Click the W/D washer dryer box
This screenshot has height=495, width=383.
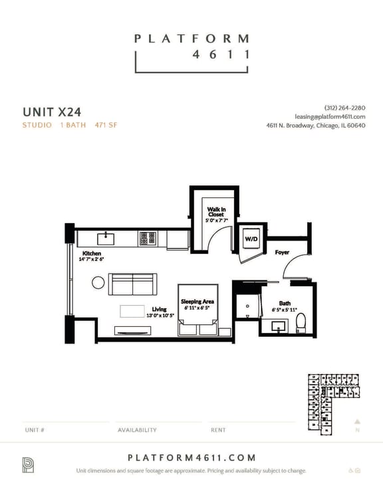coord(251,239)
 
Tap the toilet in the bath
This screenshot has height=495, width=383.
coord(300,322)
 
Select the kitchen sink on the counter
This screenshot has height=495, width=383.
coord(106,237)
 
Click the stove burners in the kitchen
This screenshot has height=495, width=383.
coord(147,237)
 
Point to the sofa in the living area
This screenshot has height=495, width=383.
coord(133,284)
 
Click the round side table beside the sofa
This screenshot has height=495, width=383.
coord(98,284)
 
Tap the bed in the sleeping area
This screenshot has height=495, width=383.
coord(197,312)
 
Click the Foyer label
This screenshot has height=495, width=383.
coord(282,252)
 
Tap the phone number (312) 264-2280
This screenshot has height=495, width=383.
coord(344,108)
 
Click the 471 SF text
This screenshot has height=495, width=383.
coord(106,125)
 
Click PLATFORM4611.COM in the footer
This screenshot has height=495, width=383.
coord(191,458)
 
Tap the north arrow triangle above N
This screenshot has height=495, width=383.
coord(357,421)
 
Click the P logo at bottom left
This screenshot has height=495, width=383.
coord(28,464)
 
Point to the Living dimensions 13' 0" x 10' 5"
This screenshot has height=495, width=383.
coord(159,315)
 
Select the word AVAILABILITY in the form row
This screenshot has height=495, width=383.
coord(137,430)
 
